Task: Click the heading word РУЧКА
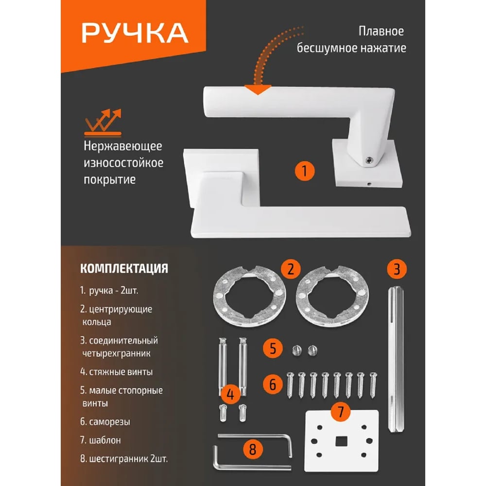click(135, 33)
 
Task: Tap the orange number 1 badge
click(304, 171)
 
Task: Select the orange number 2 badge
click(291, 269)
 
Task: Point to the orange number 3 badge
click(397, 269)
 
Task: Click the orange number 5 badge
click(273, 348)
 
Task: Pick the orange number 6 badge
click(273, 384)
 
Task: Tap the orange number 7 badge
click(341, 412)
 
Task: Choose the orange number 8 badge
click(253, 449)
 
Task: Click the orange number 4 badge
click(230, 394)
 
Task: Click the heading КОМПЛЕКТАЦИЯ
click(124, 268)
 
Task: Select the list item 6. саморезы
click(105, 422)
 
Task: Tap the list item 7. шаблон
click(101, 440)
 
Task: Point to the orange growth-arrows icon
click(103, 122)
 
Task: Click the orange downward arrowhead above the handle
click(258, 89)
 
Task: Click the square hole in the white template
click(342, 441)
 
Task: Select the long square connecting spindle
click(396, 360)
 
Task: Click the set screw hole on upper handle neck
click(369, 160)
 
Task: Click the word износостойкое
click(123, 163)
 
